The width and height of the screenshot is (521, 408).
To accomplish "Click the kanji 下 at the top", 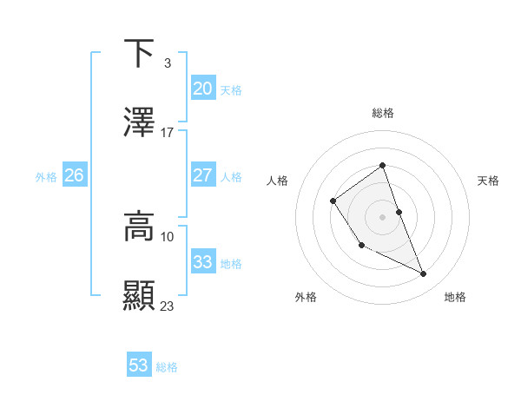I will point(140,53).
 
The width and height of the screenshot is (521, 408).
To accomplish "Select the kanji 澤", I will point(140,122).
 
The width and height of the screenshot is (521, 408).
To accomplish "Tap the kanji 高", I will point(140,227).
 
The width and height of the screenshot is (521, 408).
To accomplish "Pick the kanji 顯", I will point(140,296).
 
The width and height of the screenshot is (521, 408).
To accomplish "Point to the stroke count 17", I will point(167,132).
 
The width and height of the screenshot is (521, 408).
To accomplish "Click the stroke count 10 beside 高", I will point(167,236).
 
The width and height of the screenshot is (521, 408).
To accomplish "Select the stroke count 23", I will point(167,306).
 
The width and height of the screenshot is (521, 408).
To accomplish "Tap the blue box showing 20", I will point(202,88).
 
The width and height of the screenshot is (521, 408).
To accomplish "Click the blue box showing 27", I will point(202,174).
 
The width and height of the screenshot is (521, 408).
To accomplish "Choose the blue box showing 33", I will point(202,261).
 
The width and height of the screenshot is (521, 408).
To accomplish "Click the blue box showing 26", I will point(74,174).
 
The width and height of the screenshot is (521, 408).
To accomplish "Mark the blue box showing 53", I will point(139,365).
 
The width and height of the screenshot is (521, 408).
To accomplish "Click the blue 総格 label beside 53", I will point(167,367).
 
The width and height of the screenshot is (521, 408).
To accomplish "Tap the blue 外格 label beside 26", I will point(46,176).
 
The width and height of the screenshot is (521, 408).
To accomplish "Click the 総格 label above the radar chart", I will point(382,113).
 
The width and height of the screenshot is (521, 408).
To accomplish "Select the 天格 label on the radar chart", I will point(488,181).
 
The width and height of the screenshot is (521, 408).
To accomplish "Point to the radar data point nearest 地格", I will point(424,274).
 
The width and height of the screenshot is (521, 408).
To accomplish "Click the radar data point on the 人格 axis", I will point(333,201).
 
